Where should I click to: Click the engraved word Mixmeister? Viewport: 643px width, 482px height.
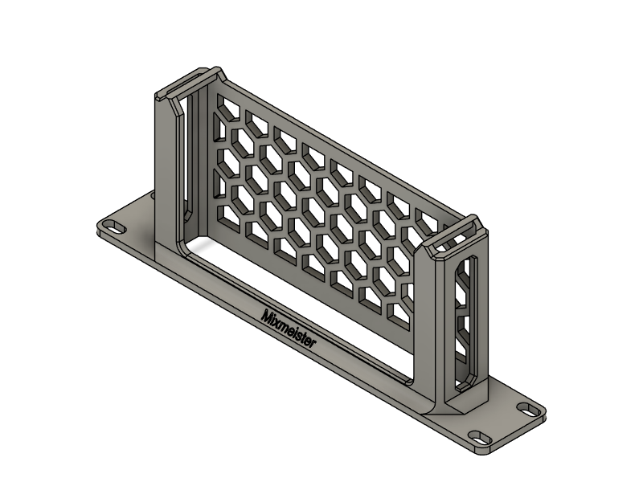tap(289, 329)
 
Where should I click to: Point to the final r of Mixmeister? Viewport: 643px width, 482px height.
tap(313, 343)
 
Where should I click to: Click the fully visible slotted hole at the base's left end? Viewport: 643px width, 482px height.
tap(115, 227)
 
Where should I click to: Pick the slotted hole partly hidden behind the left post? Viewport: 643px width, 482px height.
tap(153, 195)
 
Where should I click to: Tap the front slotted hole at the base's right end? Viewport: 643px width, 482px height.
tap(481, 437)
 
